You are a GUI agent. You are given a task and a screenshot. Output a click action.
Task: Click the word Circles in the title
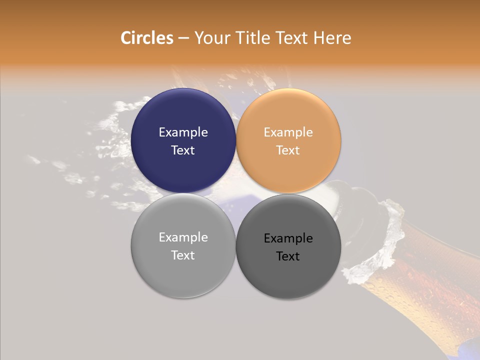coord(146,38)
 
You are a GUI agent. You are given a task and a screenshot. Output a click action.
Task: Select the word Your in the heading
coord(212,38)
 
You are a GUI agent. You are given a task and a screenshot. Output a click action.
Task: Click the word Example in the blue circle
coord(183,132)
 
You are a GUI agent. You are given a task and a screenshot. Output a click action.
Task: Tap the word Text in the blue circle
coord(183,150)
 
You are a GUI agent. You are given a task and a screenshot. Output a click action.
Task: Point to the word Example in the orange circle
coord(288,132)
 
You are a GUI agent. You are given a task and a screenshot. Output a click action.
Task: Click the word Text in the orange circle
coord(288,150)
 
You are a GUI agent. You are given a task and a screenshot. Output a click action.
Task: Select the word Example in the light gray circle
coord(183,237)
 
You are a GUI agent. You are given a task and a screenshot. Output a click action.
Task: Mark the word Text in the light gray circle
coord(183,255)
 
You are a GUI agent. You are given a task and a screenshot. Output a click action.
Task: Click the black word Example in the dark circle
coord(288,238)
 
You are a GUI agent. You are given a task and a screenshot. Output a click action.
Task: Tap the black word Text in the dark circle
coord(288,256)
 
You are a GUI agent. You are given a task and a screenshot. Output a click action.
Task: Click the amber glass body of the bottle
coord(430,290)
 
